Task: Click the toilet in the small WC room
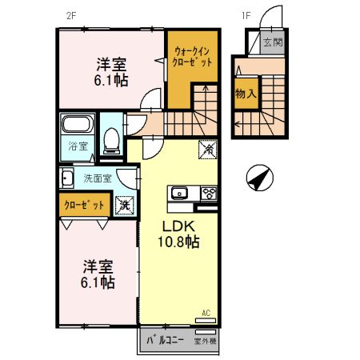click(111, 141)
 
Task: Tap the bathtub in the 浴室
click(77, 124)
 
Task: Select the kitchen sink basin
click(179, 193)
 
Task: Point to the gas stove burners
click(209, 193)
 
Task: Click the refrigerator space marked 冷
click(208, 150)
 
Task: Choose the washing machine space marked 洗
click(124, 205)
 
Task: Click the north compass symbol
click(260, 178)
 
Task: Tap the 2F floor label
click(71, 16)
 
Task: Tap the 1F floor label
click(246, 16)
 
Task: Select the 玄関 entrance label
click(273, 42)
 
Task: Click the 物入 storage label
click(246, 94)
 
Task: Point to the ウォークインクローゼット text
click(192, 57)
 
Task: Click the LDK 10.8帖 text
click(178, 234)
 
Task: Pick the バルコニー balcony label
click(165, 341)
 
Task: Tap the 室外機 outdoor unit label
click(205, 341)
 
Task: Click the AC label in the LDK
click(206, 313)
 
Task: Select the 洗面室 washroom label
click(98, 178)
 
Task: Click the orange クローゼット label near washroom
click(84, 205)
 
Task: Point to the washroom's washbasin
click(66, 178)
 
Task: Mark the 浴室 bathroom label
click(78, 146)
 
